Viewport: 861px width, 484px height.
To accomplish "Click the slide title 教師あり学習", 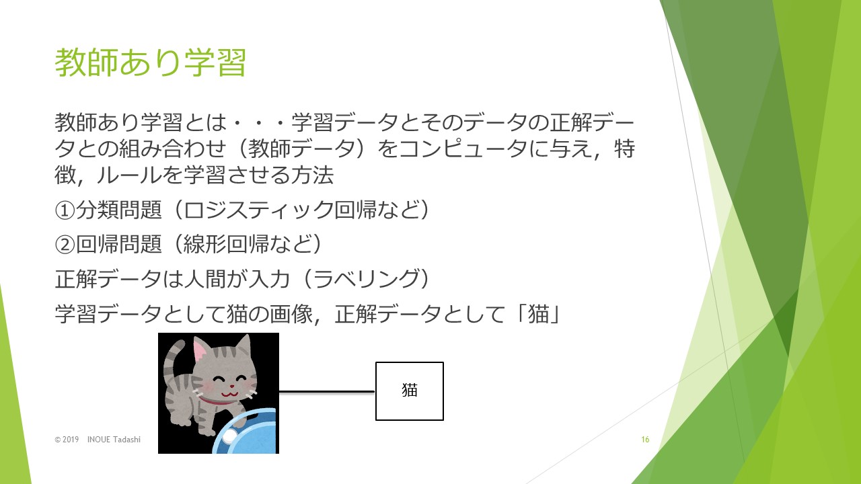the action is (150, 63).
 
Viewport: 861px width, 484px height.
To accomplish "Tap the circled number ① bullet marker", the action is (65, 210).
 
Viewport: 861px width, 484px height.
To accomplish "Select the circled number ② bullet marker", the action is (65, 245).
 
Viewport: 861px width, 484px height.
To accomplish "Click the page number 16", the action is (645, 440).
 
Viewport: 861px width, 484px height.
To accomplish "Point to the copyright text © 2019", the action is (67, 440).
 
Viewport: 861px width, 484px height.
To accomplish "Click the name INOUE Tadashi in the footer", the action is (114, 440).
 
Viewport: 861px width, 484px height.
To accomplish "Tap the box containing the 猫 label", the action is (410, 391).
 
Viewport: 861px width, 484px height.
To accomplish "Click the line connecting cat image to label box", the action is (327, 392).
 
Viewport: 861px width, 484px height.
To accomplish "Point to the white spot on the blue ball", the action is (229, 436).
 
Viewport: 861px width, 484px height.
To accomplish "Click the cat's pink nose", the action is (231, 386).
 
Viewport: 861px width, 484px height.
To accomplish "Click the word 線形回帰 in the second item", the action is (226, 245).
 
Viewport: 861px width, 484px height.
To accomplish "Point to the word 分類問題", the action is (119, 210).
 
